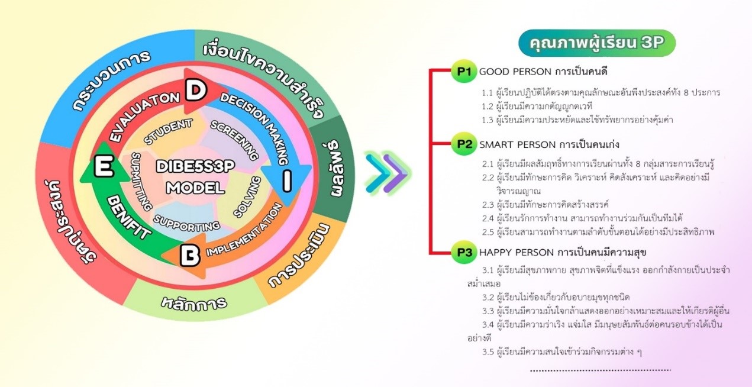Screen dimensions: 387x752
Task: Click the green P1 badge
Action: [463, 72]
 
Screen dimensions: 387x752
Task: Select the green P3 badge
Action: [463, 253]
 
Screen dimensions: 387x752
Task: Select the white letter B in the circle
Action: [190, 257]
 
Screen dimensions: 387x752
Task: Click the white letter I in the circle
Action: [286, 183]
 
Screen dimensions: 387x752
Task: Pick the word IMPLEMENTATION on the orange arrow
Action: [244, 238]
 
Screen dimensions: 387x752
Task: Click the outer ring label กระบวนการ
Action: [112, 80]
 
